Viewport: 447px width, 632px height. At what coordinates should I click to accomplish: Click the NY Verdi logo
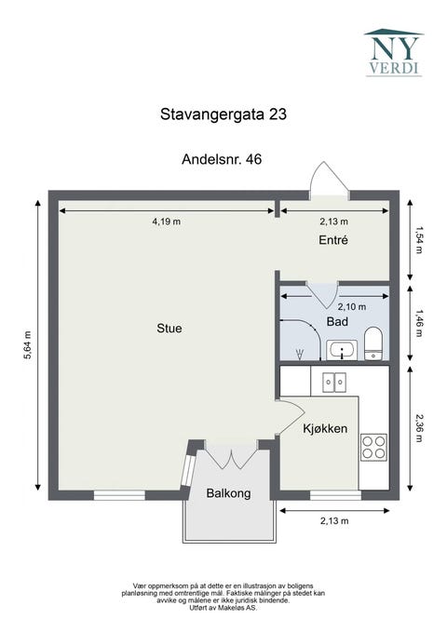coord(392,52)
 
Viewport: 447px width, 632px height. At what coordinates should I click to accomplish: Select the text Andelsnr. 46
coord(222,160)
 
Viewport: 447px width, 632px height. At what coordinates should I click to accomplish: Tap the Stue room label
coord(169,329)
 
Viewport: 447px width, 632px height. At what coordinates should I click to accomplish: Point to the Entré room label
coord(332,240)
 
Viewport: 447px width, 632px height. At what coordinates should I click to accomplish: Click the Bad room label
coord(336,321)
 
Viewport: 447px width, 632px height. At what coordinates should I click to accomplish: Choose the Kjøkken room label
coord(325,429)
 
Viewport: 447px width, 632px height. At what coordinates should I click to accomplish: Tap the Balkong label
coord(228,494)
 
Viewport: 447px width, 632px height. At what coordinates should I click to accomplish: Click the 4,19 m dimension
coord(166,222)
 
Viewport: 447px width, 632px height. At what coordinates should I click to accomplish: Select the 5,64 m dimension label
coord(29,348)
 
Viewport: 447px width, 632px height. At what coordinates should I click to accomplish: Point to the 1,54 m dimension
coord(420,239)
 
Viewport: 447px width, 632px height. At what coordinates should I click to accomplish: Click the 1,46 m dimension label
coord(420,321)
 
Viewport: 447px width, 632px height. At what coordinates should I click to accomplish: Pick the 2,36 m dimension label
coord(420,430)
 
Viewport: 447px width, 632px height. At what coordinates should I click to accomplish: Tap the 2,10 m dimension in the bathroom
coord(351,306)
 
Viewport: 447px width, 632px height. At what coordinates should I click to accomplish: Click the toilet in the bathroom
coord(372,342)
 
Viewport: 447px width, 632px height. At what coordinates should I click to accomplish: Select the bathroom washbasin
coord(343,351)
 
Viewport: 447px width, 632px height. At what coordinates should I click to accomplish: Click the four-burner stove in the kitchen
coord(373,448)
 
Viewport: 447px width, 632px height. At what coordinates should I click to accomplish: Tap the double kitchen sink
coord(333,380)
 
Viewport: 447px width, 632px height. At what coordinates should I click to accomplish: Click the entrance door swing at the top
coord(329,180)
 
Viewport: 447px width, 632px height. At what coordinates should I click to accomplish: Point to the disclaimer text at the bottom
coord(223,596)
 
